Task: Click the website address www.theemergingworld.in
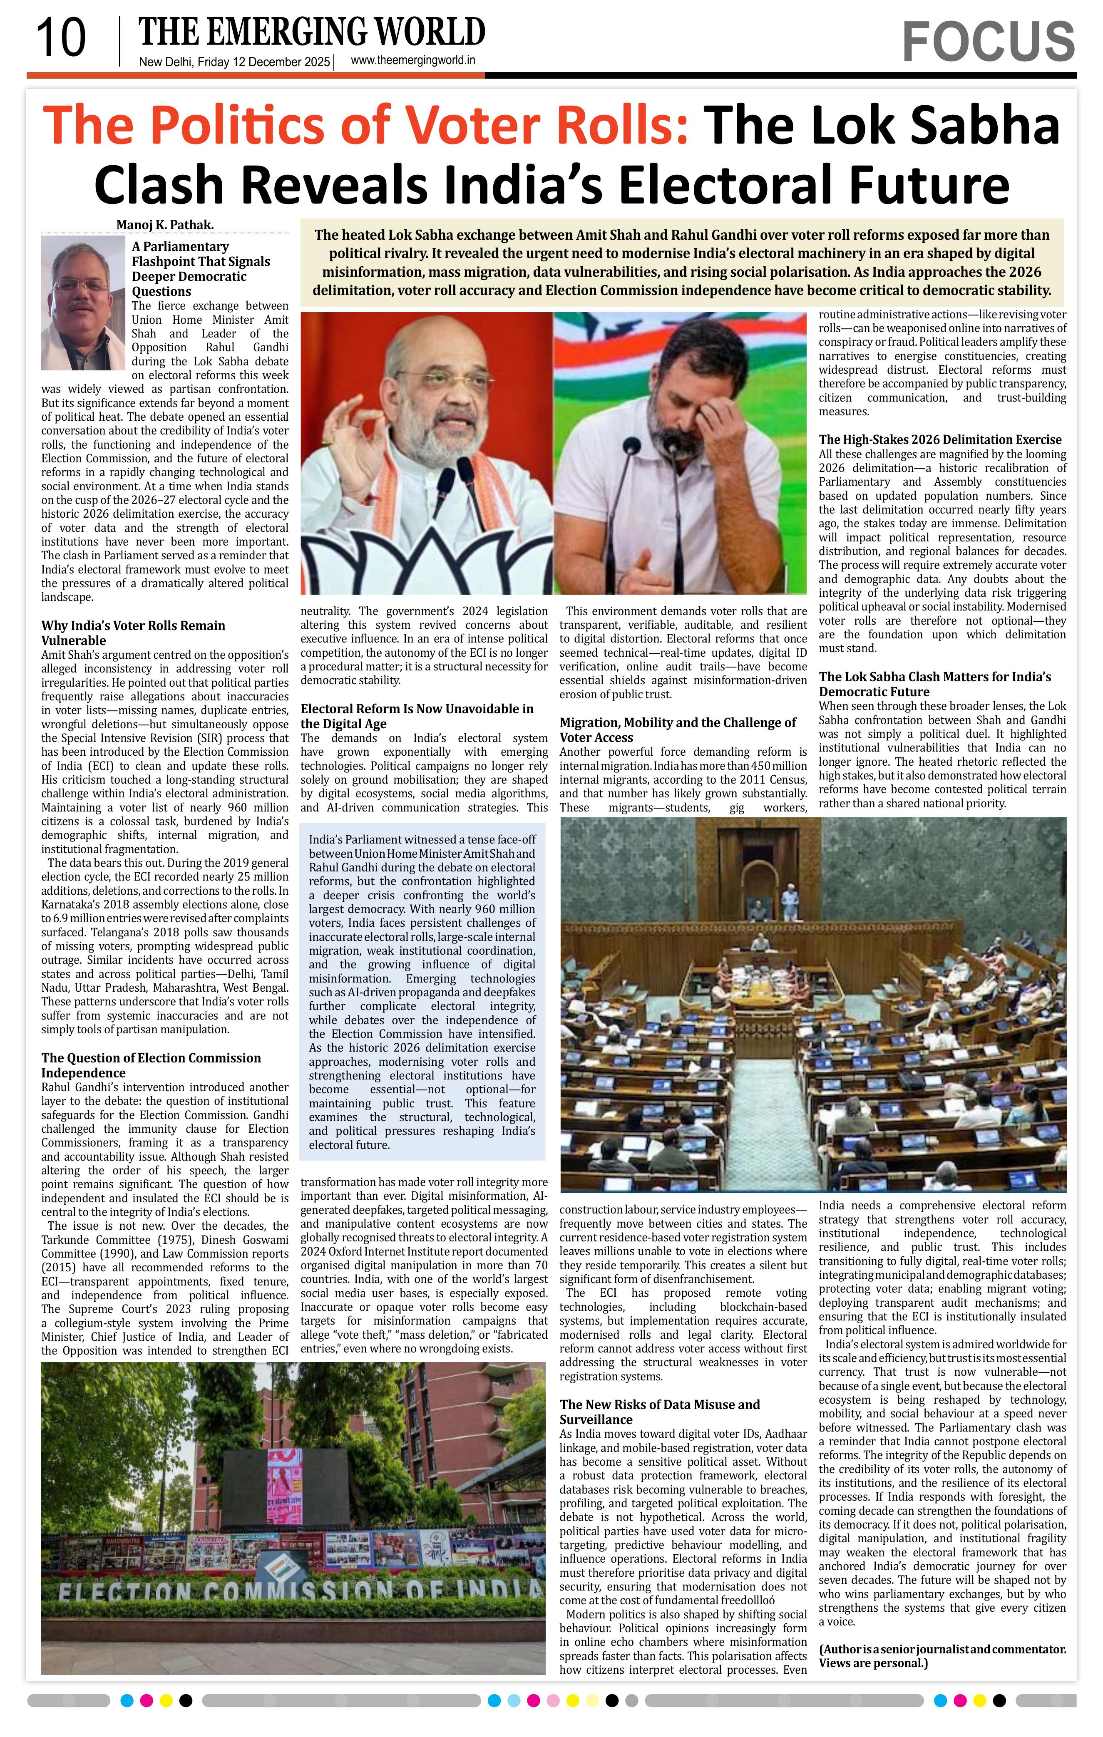coord(412,61)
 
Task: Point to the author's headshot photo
coord(83,303)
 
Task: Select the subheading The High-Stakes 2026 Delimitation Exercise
coord(939,439)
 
